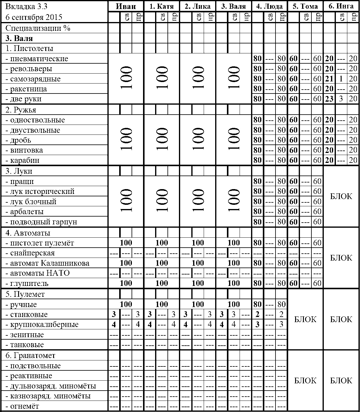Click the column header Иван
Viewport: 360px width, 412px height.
click(x=126, y=6)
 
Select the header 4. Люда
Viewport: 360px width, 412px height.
click(x=269, y=6)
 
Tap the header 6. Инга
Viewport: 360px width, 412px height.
click(x=341, y=6)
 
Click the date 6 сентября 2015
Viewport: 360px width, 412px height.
click(x=34, y=17)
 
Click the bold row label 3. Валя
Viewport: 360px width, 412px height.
click(x=19, y=38)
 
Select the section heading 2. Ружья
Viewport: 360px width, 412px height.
click(x=21, y=110)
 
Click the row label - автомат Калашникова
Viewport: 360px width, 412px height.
click(x=47, y=263)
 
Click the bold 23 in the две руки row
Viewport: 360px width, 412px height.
click(x=329, y=99)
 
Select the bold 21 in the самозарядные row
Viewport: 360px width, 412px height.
click(x=329, y=79)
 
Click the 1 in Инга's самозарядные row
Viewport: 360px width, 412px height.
click(x=341, y=79)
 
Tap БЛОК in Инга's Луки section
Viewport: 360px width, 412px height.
click(x=341, y=196)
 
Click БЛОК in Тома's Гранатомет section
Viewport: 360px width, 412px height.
click(x=305, y=381)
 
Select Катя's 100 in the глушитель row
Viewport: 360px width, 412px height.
click(x=162, y=283)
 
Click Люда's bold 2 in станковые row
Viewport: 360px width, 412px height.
click(x=257, y=315)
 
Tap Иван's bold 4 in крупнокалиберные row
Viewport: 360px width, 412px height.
click(x=114, y=325)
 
